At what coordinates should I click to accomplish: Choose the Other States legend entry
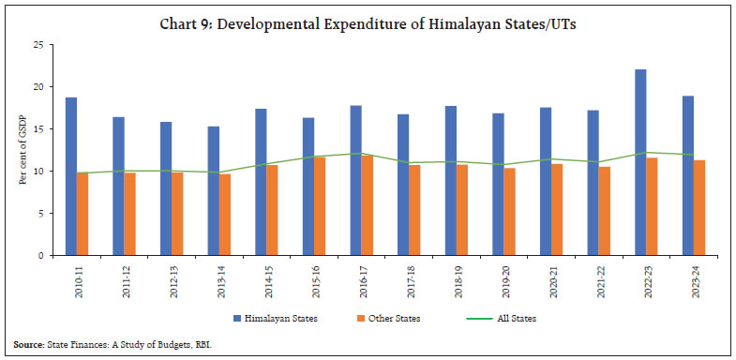click(390, 319)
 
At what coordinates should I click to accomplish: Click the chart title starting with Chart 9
click(368, 19)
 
